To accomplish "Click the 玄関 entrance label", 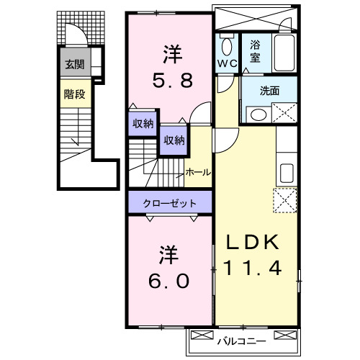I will point(74,64).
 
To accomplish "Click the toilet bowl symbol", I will point(226,48).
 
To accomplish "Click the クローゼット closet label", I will point(170,202).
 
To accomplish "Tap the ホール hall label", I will point(198,172).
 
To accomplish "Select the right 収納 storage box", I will point(173,140).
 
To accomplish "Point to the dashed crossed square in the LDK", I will point(286,199).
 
